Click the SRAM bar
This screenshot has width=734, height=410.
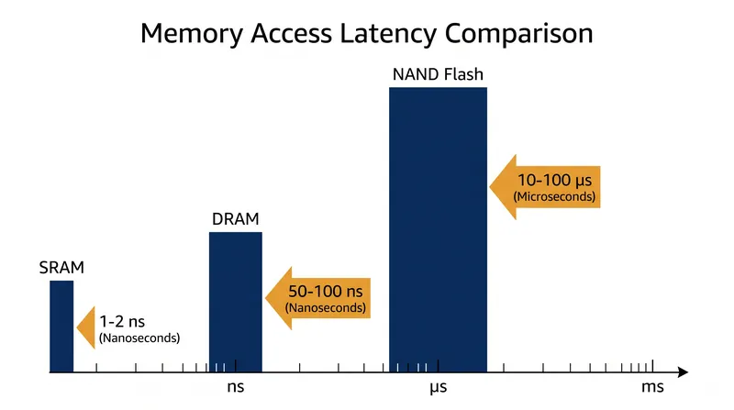coord(61,327)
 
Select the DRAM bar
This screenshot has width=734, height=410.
coord(236,302)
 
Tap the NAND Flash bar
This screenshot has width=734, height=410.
coord(438,229)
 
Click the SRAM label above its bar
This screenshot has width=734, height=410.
coord(61,268)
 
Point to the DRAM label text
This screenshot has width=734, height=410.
coord(236,219)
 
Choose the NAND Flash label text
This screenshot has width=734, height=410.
coord(438,74)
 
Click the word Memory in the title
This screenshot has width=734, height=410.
coord(192,34)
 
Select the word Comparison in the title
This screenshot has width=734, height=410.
coord(518,34)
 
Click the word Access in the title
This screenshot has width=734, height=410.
coord(292,34)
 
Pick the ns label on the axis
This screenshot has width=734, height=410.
coord(236,387)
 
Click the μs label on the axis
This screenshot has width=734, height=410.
coord(439,388)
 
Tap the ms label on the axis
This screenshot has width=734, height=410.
coord(652,387)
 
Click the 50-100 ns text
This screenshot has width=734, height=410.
coord(326,292)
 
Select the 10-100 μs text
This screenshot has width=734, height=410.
coord(555,180)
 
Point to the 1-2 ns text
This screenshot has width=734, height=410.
coord(122,322)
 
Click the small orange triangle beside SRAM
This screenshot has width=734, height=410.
coord(86,327)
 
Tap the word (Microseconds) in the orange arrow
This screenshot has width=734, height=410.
coord(555,196)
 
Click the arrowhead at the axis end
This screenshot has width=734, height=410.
coord(683,372)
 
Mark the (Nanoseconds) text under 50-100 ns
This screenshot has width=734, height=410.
coord(326,308)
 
